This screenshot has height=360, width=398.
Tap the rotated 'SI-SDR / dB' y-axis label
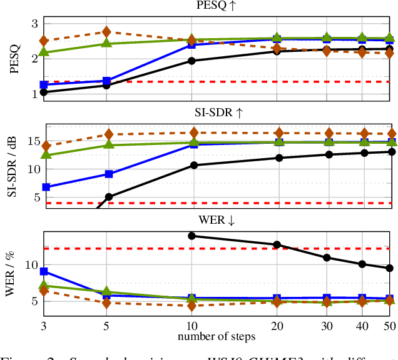click(x=13, y=167)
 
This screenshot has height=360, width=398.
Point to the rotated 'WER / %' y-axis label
click(x=13, y=273)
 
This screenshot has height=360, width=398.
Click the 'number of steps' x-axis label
click(x=216, y=337)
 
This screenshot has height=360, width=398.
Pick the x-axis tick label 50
click(x=389, y=326)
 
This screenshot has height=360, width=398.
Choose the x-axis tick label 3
click(x=44, y=326)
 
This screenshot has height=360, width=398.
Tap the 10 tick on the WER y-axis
click(x=31, y=265)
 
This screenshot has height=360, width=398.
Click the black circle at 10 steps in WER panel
click(x=192, y=236)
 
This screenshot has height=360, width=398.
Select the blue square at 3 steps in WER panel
click(x=44, y=271)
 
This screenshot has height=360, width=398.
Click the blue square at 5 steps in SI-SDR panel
click(x=108, y=174)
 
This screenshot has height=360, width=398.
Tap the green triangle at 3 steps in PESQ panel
click(x=44, y=52)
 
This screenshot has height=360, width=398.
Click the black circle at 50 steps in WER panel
click(x=389, y=267)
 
